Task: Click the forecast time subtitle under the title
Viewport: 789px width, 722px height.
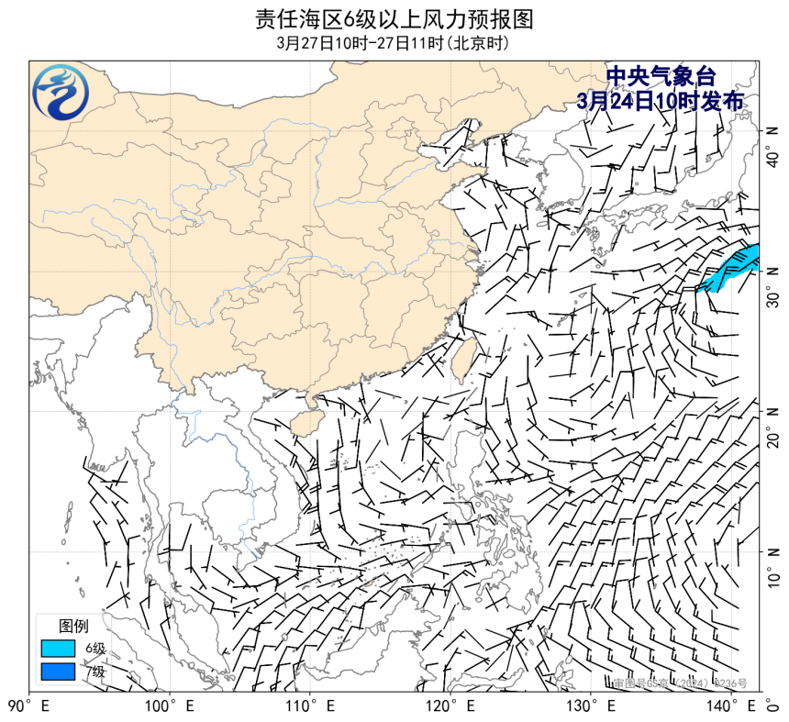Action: (394, 42)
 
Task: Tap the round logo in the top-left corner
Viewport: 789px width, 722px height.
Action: (61, 93)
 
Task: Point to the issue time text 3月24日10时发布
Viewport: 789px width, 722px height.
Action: (661, 100)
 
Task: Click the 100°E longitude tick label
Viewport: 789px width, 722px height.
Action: (171, 706)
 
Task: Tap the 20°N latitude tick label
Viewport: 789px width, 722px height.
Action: (773, 425)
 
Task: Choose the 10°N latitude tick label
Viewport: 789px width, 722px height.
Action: (773, 565)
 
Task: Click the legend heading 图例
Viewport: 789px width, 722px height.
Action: (73, 627)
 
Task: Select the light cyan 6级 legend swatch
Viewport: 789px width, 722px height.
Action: (58, 649)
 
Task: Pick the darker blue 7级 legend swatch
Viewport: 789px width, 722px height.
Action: (58, 672)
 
